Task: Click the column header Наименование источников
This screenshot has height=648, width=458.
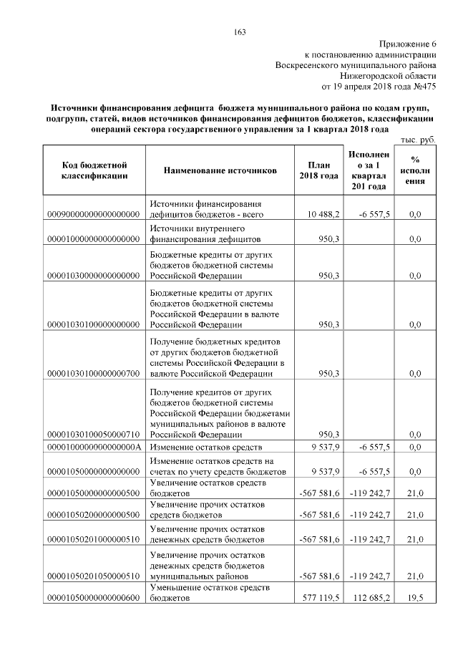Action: (220, 170)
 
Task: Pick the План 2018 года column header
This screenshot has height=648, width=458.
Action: (318, 170)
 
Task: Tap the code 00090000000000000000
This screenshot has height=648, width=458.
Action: (94, 214)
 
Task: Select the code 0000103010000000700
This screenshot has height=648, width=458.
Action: (94, 373)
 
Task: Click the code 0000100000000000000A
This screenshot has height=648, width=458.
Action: (94, 448)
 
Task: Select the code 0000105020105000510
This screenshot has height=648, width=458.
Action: (94, 576)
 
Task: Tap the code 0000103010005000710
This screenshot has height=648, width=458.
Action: (94, 434)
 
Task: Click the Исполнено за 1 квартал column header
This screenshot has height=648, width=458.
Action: (369, 170)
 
